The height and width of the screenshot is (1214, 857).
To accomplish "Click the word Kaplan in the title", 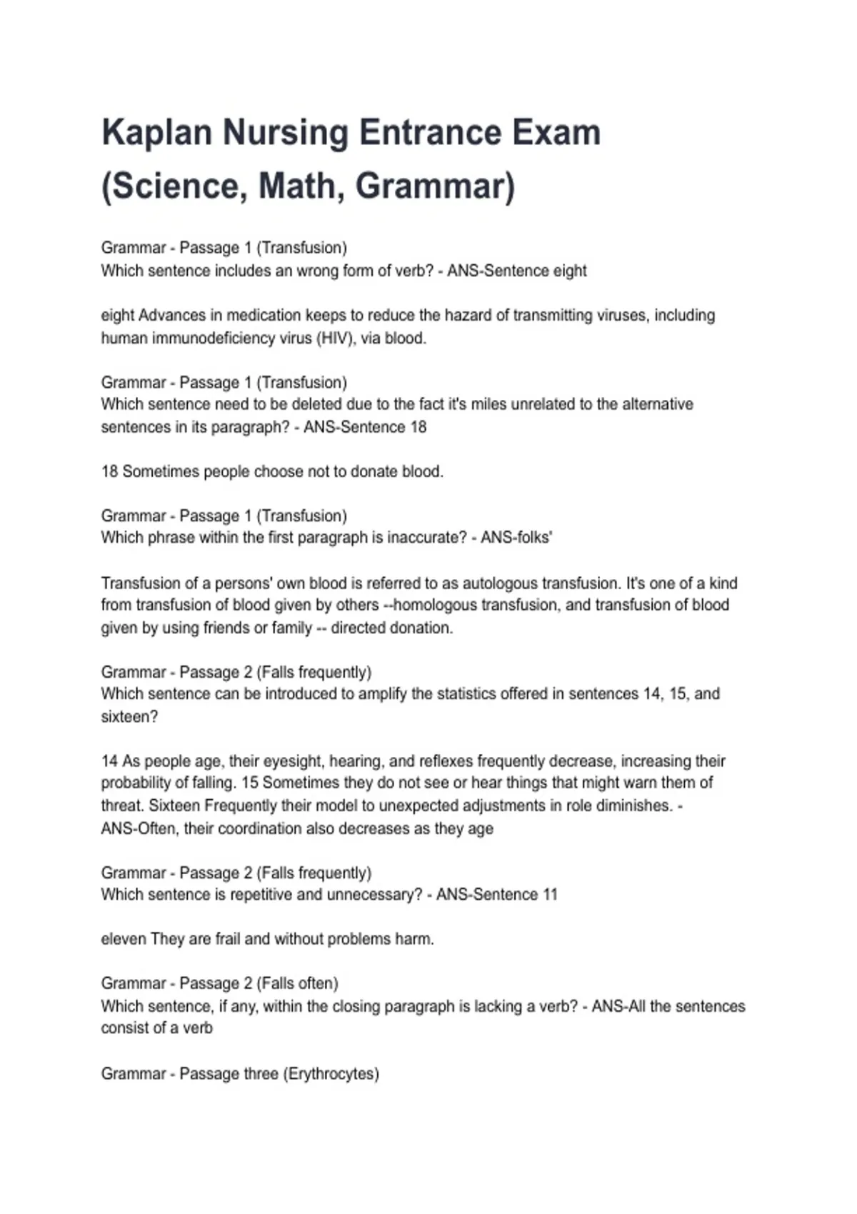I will (x=156, y=133).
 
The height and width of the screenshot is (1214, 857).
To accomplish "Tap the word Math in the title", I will (x=297, y=186).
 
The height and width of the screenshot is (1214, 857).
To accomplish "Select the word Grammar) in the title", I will (x=435, y=186).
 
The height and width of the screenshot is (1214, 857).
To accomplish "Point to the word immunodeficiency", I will (x=221, y=338).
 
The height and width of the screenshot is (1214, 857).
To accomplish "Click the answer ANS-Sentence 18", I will (x=365, y=427).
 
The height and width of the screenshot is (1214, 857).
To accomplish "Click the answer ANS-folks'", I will (x=516, y=538).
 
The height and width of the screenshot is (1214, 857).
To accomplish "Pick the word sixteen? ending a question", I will (x=129, y=717).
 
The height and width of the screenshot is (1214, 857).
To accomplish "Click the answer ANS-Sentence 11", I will (x=496, y=895).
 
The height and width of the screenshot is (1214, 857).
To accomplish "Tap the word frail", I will (x=227, y=939).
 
